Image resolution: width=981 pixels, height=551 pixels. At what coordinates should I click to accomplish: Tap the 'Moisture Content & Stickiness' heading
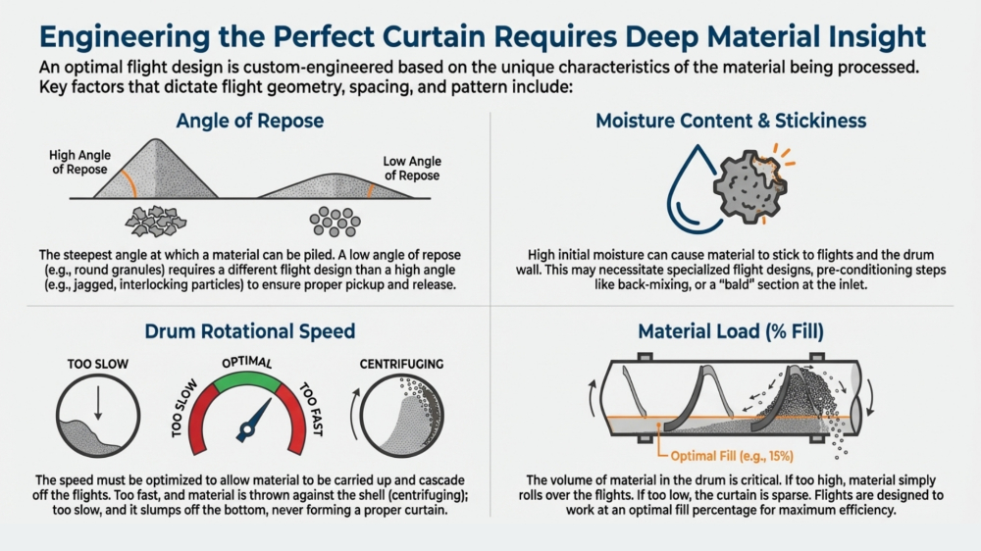point(731,122)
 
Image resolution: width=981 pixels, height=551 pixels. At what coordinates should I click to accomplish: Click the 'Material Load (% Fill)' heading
point(732,331)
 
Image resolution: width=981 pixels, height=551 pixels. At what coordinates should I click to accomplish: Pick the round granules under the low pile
point(333,220)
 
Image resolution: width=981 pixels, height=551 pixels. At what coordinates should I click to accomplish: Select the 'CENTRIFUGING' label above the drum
point(401,364)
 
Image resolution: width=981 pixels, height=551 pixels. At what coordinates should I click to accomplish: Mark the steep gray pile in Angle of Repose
point(153,173)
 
